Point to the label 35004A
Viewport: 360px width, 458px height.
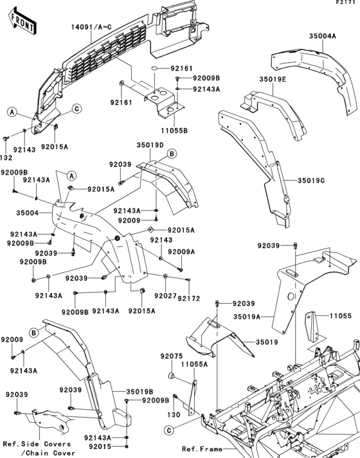pos(321,37)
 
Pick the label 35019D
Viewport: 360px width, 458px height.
pos(149,145)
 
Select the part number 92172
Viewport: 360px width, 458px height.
pos(189,298)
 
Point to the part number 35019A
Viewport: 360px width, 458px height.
pos(246,317)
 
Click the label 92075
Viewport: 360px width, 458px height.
pos(172,355)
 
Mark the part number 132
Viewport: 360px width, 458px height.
pos(6,156)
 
